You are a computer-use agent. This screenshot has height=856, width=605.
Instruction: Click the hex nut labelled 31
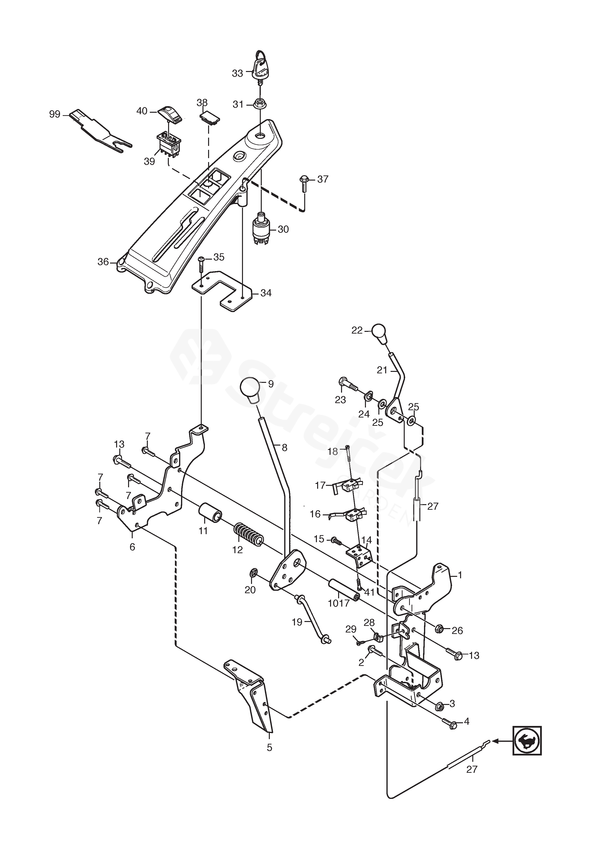tap(260, 104)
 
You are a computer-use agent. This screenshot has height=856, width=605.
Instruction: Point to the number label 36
tap(103, 262)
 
